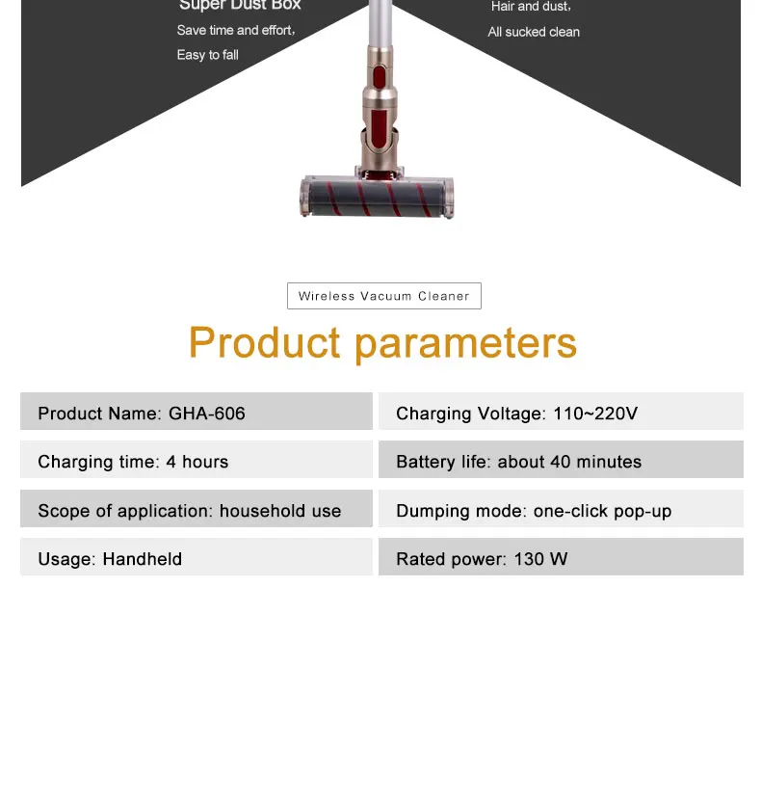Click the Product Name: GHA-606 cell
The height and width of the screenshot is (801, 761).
(x=196, y=412)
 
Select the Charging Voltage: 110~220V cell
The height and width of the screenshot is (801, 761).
(x=561, y=412)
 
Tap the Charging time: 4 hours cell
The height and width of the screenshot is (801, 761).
(x=196, y=460)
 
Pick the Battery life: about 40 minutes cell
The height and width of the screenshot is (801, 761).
(x=561, y=460)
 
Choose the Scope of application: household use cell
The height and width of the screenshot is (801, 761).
(x=196, y=509)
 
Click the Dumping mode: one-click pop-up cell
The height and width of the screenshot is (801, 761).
(x=561, y=509)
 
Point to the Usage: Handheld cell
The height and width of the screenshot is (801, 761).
(x=196, y=557)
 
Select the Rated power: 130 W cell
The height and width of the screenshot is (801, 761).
(x=561, y=557)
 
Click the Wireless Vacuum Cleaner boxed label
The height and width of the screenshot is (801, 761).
(x=383, y=296)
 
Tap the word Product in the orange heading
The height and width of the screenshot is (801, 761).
(x=265, y=343)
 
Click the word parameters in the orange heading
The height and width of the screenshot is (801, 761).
(x=465, y=343)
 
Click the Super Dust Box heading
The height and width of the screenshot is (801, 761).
(x=240, y=6)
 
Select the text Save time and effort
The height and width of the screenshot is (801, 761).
(x=236, y=31)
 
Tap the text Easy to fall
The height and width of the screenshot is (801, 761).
(x=207, y=55)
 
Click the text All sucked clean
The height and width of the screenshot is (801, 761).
(x=534, y=32)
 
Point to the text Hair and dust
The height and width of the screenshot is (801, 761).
(x=531, y=7)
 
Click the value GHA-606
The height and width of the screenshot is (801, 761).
(x=207, y=414)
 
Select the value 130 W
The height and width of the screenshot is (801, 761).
(x=540, y=559)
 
